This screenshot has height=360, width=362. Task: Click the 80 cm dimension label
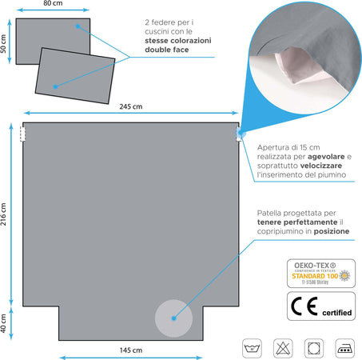click(53, 3)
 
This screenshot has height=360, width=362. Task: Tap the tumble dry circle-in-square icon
click(313, 346)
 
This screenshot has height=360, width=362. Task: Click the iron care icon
click(343, 346)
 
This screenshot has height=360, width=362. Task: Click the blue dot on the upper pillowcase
click(77, 26)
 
